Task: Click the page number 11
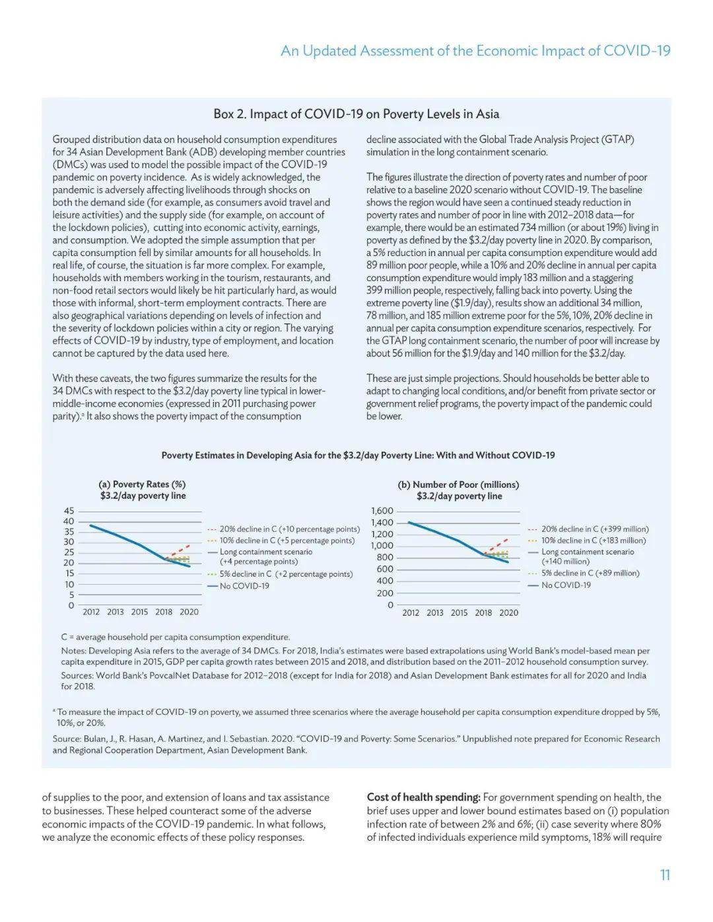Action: [665, 875]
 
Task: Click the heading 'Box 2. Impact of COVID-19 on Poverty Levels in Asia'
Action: [356, 114]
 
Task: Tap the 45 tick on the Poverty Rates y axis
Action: [69, 511]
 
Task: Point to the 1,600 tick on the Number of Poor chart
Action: [382, 511]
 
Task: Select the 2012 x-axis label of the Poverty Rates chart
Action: [91, 612]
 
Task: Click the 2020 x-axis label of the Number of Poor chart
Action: [508, 612]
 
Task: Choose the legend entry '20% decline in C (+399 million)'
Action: [594, 529]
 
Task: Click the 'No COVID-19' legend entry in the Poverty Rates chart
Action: [244, 586]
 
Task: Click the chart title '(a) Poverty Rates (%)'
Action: [142, 484]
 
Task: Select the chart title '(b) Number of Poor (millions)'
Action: [458, 484]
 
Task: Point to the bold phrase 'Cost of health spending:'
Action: [423, 797]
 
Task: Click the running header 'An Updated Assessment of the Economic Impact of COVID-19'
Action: [475, 51]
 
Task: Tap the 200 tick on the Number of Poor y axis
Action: [385, 593]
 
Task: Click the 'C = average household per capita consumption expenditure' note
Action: [175, 638]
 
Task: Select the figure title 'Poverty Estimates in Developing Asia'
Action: [358, 455]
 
